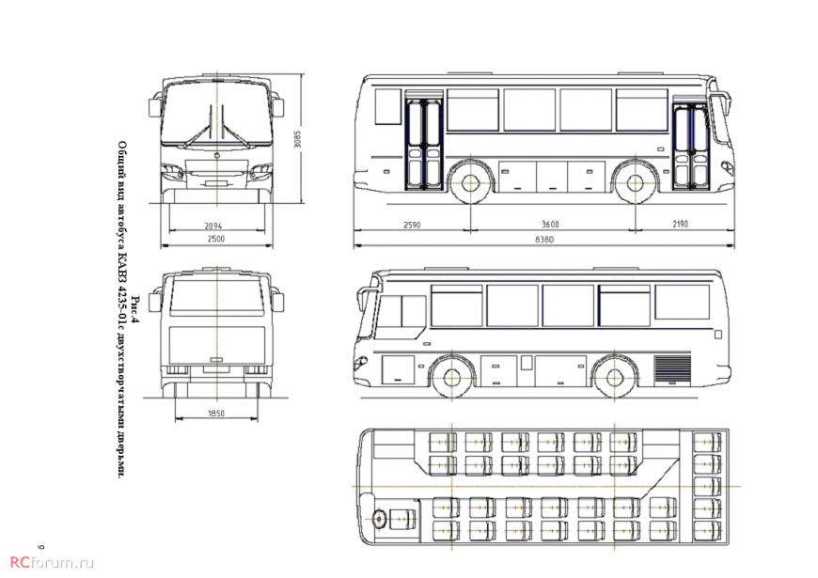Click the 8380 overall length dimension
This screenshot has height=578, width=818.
(x=544, y=240)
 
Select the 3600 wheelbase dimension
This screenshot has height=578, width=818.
(x=550, y=225)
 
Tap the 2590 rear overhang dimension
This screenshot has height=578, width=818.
(x=412, y=225)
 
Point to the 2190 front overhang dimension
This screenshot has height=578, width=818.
(x=681, y=224)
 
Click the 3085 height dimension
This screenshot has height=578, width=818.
(x=297, y=139)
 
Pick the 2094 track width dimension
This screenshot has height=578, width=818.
(x=212, y=226)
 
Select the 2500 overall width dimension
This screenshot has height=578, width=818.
(x=215, y=239)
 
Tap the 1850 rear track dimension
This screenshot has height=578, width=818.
(x=216, y=414)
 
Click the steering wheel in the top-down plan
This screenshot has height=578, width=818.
(x=379, y=519)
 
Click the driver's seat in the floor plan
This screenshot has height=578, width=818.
(x=403, y=519)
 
